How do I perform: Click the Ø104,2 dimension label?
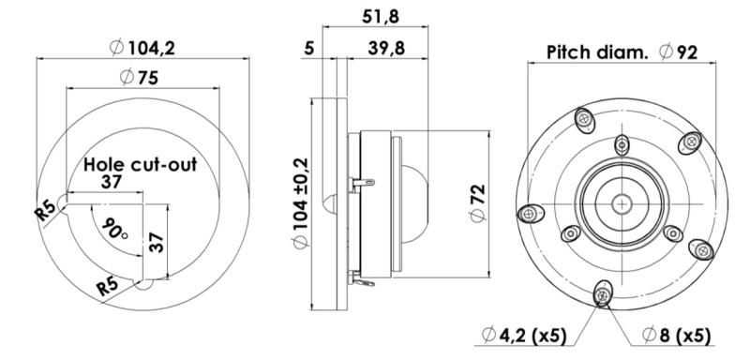coord(142,48)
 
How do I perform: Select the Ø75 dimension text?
coord(139,77)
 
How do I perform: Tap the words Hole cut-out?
coord(140,164)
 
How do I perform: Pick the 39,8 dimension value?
coord(386,49)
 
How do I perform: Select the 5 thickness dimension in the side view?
coord(309,49)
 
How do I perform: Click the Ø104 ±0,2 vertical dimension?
coord(301,203)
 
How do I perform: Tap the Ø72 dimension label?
coord(478,203)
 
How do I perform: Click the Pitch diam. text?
coord(597,52)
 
